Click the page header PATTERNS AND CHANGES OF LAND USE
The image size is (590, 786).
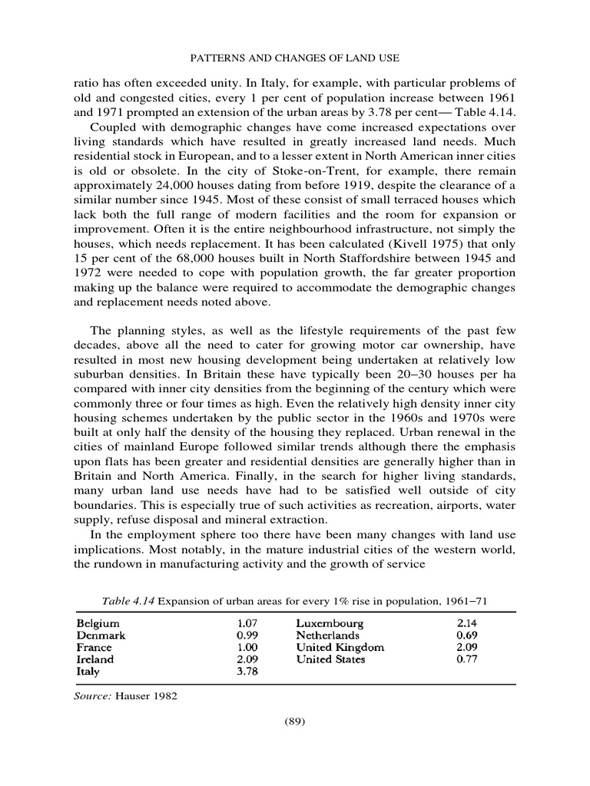coord(295,58)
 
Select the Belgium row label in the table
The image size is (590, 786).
coord(98,623)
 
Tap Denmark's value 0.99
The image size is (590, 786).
coord(246,635)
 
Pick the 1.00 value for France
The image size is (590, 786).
coord(246,647)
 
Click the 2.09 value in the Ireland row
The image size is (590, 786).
coord(246,659)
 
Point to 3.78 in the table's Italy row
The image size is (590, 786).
coord(246,672)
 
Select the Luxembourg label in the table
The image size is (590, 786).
coord(330,623)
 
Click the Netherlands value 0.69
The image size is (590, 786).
coord(466,635)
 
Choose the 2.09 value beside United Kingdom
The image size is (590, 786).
coord(466,647)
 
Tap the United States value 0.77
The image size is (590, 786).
coord(466,659)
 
